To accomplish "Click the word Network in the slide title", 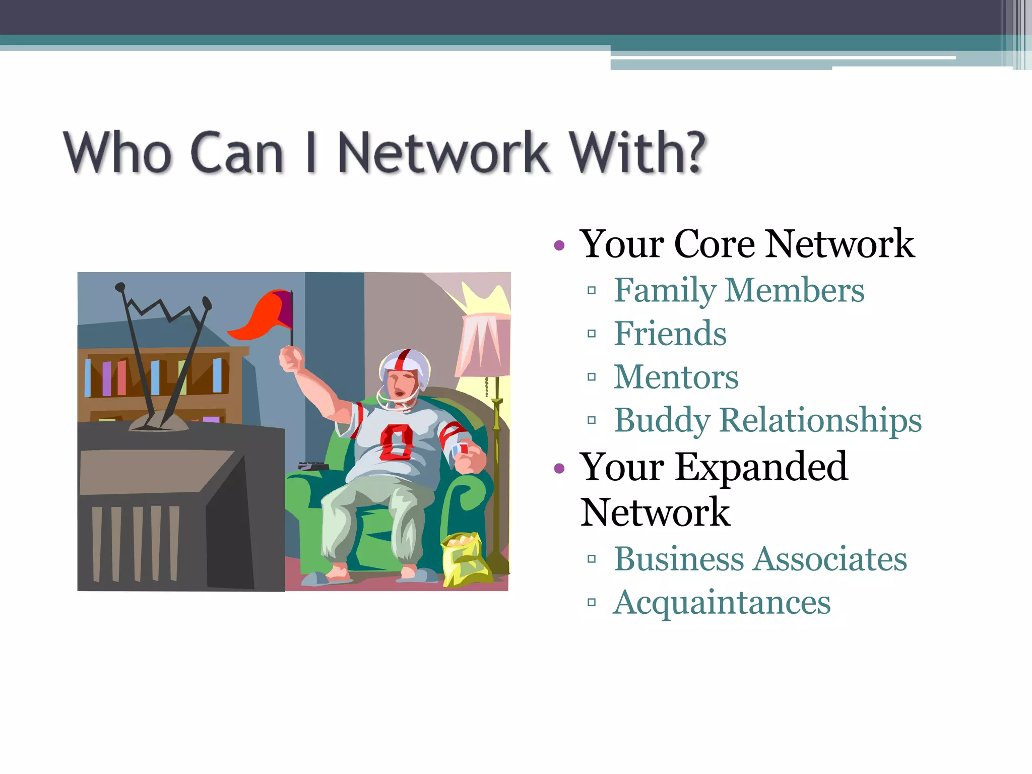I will pos(443,152).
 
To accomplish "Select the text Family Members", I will pos(739,290).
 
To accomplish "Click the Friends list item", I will pos(670,334).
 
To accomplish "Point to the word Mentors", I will pos(676,377).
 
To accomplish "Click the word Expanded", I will pos(761,467).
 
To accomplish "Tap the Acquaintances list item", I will pos(722,602).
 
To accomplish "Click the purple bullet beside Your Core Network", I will pos(559,246).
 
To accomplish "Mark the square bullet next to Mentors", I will pos(592,377).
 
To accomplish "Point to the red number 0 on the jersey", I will pos(396,442).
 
